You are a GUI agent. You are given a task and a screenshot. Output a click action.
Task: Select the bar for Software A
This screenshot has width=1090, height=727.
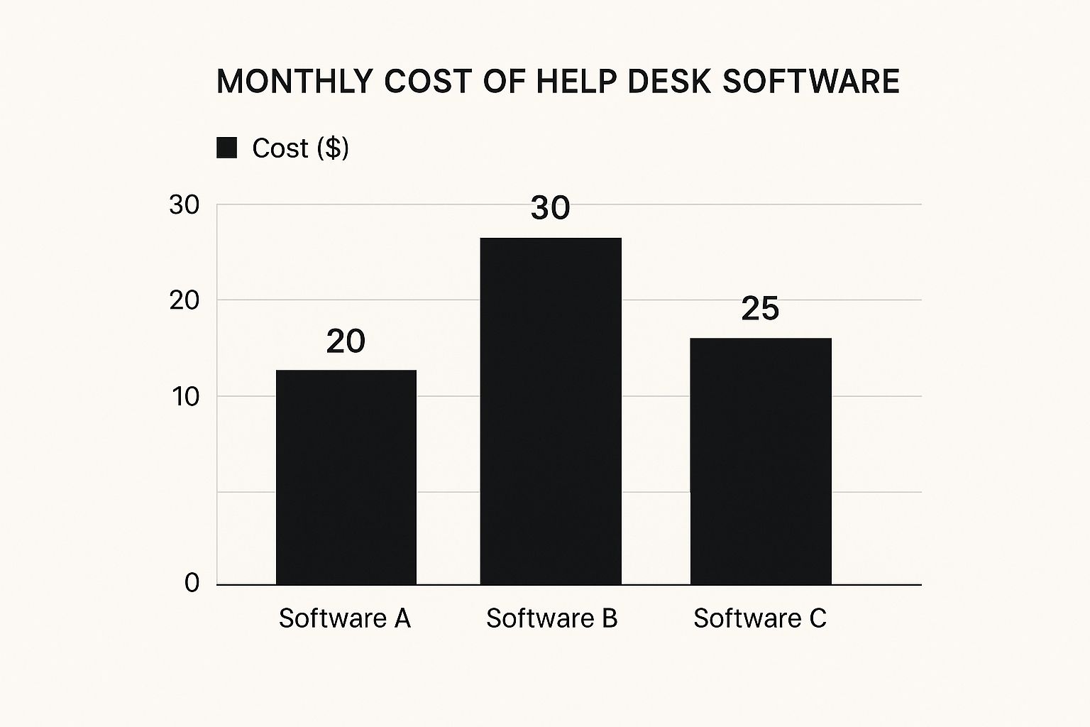click(346, 477)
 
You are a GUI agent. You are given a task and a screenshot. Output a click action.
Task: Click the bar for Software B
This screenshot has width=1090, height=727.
click(551, 411)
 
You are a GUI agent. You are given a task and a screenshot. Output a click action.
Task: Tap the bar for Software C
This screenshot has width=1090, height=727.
click(760, 461)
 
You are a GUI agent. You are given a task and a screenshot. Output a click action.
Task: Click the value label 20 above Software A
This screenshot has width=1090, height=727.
click(346, 341)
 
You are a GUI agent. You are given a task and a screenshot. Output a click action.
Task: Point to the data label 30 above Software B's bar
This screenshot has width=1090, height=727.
click(551, 208)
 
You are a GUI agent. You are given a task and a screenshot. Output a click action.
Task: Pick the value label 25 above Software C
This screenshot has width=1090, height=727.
click(760, 309)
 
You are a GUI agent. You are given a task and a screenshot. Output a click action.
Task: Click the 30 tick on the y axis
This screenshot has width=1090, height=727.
click(185, 205)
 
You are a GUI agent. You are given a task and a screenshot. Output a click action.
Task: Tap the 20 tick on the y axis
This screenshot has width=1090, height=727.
click(185, 300)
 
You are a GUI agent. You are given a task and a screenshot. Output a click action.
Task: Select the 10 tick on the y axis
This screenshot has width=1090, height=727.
click(185, 397)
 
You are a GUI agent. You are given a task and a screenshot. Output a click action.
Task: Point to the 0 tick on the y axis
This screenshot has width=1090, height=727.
click(192, 584)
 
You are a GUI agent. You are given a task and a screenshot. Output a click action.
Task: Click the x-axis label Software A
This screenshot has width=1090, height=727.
click(344, 618)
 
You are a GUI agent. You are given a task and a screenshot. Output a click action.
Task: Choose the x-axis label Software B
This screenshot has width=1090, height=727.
click(551, 618)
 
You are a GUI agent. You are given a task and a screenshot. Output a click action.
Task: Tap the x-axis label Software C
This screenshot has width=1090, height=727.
click(759, 618)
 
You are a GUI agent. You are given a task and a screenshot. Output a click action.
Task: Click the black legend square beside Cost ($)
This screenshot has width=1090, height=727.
click(226, 148)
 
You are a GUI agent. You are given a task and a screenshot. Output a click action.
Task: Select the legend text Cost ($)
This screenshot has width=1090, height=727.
click(300, 148)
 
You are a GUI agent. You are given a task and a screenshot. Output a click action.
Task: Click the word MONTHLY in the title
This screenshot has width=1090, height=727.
click(294, 82)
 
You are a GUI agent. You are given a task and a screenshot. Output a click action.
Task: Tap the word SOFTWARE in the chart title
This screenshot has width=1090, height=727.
click(811, 82)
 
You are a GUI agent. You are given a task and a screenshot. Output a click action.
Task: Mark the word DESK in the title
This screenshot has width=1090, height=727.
click(669, 82)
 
